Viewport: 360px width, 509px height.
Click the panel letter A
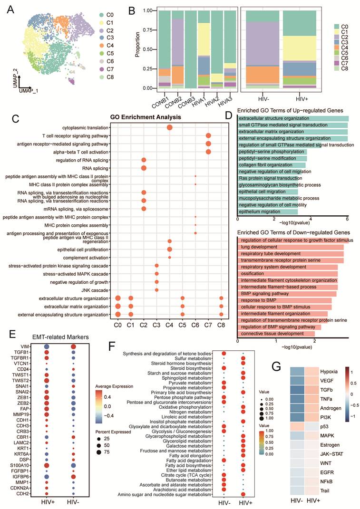11,10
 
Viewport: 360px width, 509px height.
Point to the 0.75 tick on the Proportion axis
147,30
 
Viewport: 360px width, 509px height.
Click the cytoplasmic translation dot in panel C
169,127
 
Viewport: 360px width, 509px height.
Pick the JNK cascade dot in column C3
156,290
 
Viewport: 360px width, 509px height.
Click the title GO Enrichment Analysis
146,117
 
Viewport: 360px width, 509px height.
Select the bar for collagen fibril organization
272,165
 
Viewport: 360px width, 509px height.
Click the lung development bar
291,247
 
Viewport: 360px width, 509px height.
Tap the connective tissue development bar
276,333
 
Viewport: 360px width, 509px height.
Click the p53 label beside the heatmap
324,426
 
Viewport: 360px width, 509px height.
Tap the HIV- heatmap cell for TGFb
297,390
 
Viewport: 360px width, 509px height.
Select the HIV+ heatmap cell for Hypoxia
312,372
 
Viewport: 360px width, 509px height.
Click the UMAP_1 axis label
29,91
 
